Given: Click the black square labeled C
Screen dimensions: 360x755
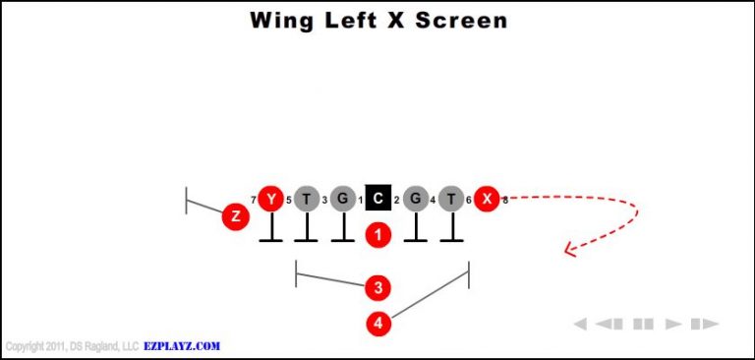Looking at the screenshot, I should click(x=378, y=199).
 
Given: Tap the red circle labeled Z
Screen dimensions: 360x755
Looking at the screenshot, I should click(x=235, y=215).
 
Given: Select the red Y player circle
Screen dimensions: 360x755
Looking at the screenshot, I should click(x=270, y=199).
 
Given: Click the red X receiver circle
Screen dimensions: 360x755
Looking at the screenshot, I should click(x=487, y=199).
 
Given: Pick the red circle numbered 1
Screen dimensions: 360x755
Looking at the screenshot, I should click(x=378, y=234).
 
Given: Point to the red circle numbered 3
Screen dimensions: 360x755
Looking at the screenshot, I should click(x=378, y=287).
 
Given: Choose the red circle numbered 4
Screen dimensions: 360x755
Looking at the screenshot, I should click(x=378, y=322).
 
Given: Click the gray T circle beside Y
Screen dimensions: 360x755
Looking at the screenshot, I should click(x=307, y=199).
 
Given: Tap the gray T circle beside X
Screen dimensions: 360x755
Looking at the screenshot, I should click(x=451, y=199).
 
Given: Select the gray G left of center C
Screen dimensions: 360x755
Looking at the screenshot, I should click(x=342, y=199).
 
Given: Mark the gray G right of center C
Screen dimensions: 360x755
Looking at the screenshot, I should click(x=416, y=199).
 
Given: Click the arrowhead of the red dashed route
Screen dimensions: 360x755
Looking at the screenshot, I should click(x=567, y=250).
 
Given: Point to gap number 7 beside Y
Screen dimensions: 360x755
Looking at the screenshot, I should click(x=253, y=201).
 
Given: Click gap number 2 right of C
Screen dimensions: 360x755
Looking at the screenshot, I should click(x=397, y=201).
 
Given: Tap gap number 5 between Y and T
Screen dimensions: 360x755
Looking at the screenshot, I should click(x=289, y=201).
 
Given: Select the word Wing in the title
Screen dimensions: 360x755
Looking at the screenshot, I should click(x=283, y=20).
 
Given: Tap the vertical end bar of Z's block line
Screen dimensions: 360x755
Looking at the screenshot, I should click(x=186, y=200).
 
